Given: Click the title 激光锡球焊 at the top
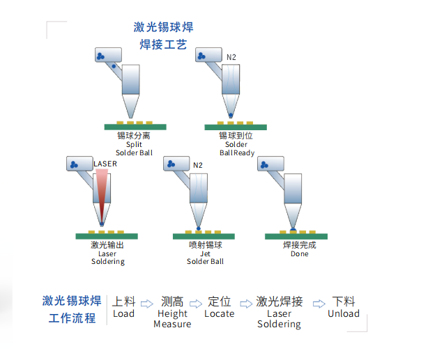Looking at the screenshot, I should pyautogui.click(x=163, y=28).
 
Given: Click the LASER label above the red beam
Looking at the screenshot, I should pyautogui.click(x=105, y=164).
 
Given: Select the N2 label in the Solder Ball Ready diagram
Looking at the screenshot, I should pyautogui.click(x=232, y=56).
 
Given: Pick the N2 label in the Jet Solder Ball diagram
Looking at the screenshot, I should pyautogui.click(x=198, y=165).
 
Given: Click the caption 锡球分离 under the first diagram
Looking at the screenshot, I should pyautogui.click(x=133, y=136).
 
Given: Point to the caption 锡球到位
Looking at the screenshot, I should pyautogui.click(x=235, y=136).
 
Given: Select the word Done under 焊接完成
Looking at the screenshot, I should pyautogui.click(x=299, y=254).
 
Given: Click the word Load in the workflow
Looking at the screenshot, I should pyautogui.click(x=123, y=314).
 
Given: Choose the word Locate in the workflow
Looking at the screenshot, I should pyautogui.click(x=219, y=314).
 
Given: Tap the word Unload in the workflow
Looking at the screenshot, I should pyautogui.click(x=344, y=314).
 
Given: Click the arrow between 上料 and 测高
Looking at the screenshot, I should pyautogui.click(x=146, y=304).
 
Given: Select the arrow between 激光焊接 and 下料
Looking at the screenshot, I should pyautogui.click(x=319, y=304).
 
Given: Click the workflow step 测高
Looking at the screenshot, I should pyautogui.click(x=172, y=302).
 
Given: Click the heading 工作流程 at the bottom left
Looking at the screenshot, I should pyautogui.click(x=72, y=319).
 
